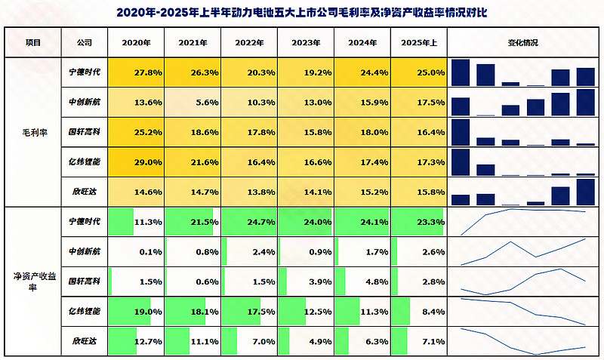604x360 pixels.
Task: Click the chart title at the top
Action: click(302, 12)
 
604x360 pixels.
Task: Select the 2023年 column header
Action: click(306, 44)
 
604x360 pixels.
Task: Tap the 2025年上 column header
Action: click(419, 44)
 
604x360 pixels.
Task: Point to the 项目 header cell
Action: click(33, 44)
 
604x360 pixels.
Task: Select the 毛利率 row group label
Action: click(33, 132)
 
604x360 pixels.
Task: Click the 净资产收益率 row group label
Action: click(33, 282)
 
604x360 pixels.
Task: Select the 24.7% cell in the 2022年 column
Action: click(249, 223)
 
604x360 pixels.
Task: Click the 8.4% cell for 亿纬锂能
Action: click(419, 311)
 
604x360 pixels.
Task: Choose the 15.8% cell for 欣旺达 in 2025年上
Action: click(419, 192)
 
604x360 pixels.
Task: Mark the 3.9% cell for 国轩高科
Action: click(306, 282)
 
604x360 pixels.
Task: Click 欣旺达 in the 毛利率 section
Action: click(80, 192)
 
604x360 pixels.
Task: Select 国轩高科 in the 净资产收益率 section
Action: click(80, 282)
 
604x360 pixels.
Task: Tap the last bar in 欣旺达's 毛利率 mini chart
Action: click(585, 192)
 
